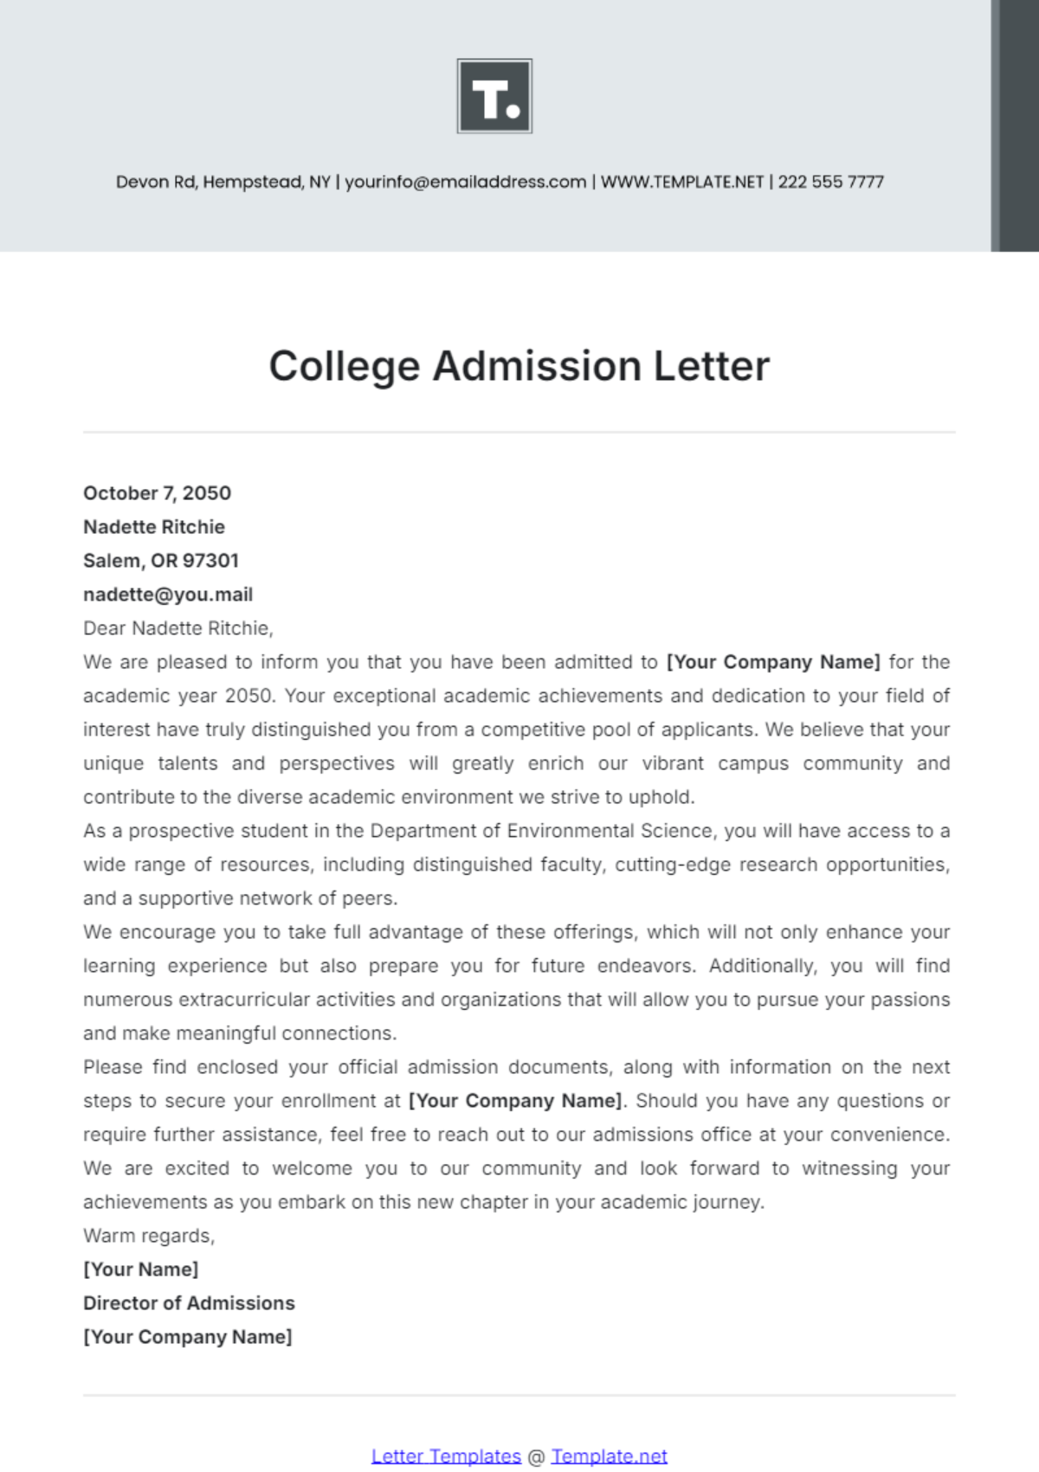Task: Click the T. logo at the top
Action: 494,96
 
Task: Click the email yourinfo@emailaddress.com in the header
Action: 465,182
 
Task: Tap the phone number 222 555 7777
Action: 830,182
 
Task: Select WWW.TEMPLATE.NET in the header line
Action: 682,182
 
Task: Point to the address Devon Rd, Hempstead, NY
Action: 223,182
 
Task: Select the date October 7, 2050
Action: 157,493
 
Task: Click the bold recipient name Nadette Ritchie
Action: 154,527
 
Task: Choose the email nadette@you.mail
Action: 168,595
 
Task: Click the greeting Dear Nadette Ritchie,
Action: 177,628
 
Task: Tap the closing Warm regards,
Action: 149,1236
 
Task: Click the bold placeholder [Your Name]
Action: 140,1270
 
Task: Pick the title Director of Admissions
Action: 189,1303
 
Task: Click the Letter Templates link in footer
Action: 446,1456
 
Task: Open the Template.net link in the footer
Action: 609,1456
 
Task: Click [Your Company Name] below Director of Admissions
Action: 187,1337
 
